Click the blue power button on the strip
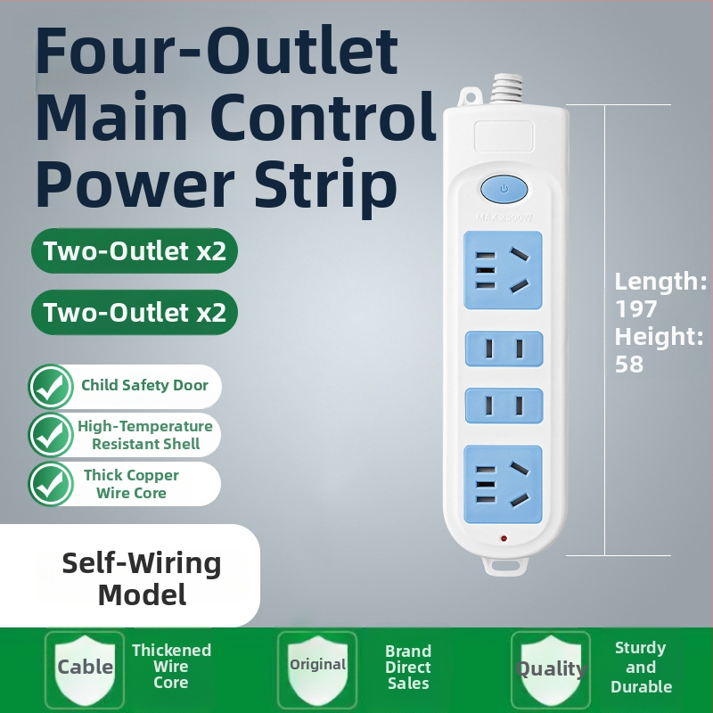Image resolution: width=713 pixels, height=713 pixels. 504,189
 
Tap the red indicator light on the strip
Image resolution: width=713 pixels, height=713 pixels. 504,539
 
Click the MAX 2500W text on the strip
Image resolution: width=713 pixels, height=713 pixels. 504,217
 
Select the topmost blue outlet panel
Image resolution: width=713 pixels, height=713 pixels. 503,271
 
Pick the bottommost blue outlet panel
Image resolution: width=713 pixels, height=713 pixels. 503,484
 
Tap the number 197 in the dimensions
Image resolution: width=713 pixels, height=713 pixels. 635,309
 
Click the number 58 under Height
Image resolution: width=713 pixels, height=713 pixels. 629,365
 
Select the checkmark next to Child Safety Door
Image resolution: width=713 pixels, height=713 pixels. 51,386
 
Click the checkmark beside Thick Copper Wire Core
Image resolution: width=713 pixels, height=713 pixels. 51,484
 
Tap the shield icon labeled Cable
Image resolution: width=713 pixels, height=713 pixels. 85,668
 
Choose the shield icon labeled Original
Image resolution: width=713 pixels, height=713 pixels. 317,668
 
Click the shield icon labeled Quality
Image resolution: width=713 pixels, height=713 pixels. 551,668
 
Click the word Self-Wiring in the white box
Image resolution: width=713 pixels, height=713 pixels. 142,563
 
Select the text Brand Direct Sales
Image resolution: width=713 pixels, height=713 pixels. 408,667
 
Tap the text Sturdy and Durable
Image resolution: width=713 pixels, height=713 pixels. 641,667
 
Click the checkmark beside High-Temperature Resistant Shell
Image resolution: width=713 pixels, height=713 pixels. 51,435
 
